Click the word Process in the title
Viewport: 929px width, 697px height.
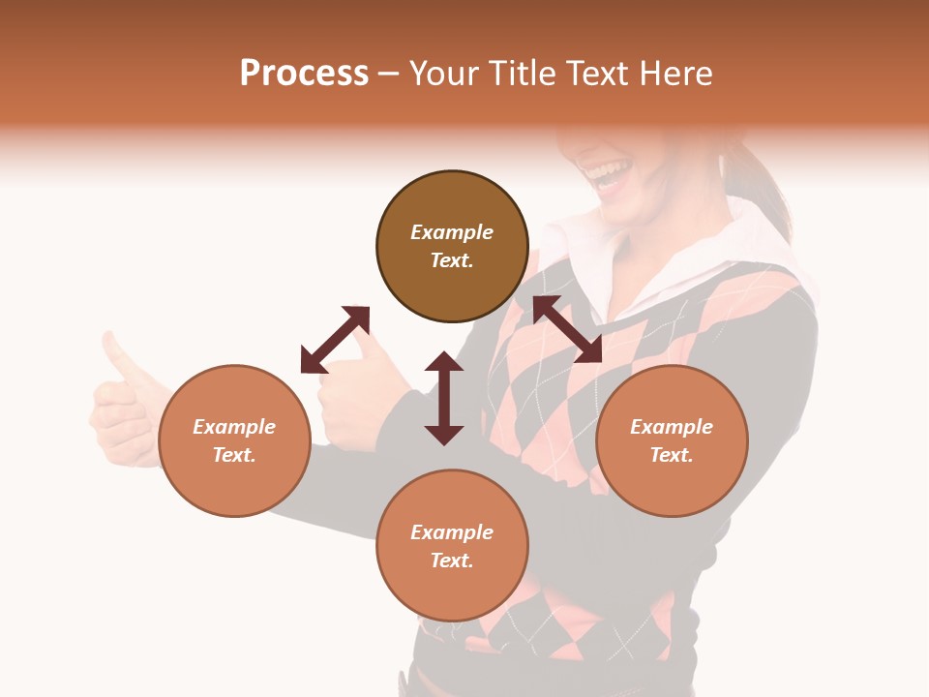point(304,74)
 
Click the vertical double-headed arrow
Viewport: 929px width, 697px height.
point(444,398)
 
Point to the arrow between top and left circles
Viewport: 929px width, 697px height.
point(336,339)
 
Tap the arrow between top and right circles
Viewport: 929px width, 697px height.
point(567,329)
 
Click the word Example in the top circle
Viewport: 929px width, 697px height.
point(452,232)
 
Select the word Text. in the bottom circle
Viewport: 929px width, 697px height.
point(452,561)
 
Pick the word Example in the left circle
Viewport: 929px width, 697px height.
point(234,427)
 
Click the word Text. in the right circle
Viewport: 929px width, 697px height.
point(672,455)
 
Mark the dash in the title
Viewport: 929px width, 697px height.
point(388,74)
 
